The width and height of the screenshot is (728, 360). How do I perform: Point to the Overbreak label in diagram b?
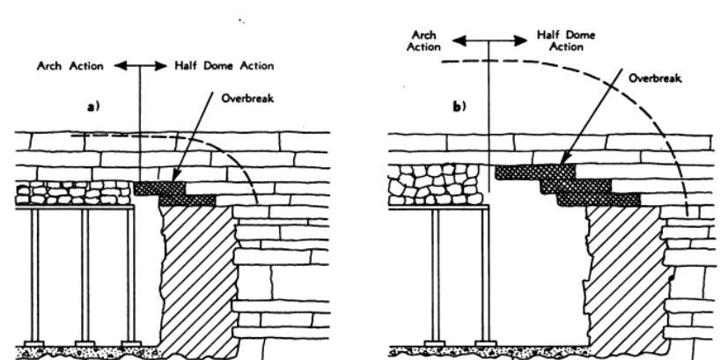(651, 77)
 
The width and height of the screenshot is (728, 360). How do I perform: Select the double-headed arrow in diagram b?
(488, 39)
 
